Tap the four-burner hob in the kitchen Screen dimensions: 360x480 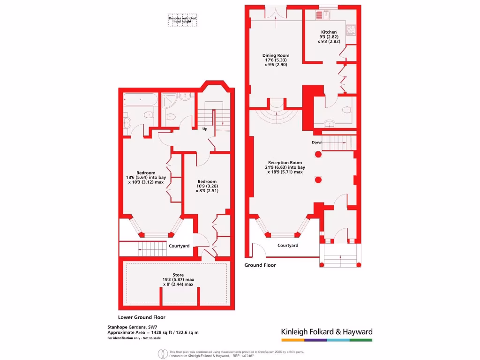tap(352, 30)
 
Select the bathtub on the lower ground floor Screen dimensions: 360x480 tap(141, 99)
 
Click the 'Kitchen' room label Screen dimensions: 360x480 tap(329, 32)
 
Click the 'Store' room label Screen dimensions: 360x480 tap(178, 275)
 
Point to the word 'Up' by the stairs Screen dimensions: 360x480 tap(205, 128)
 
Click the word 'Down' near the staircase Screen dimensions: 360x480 tap(317, 142)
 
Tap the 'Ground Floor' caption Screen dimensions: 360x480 tap(260, 265)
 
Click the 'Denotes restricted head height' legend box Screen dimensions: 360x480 tap(182, 20)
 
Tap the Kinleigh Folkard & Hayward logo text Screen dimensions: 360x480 tap(327, 331)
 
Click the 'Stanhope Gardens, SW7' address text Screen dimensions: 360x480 tap(132, 327)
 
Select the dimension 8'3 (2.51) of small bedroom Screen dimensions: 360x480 tap(207, 191)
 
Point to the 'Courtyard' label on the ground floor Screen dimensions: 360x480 tap(287, 245)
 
